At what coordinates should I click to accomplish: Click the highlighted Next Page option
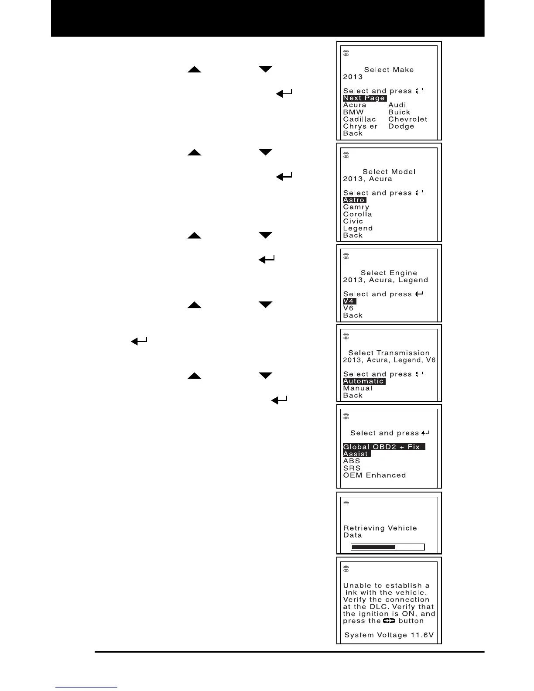point(364,98)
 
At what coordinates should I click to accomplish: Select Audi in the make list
point(397,105)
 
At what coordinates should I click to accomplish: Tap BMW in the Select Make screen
point(353,112)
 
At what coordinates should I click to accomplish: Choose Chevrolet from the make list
point(407,119)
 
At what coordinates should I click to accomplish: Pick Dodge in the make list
point(401,127)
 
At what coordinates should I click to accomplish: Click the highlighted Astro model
point(354,200)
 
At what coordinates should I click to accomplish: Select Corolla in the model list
point(357,214)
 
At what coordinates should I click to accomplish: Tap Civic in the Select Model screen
point(353,221)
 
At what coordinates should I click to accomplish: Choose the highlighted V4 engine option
point(349,301)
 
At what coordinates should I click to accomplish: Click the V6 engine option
point(348,308)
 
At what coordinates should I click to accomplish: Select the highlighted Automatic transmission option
point(364,381)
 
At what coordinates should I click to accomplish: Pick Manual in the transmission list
point(358,388)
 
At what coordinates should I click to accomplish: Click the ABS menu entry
point(352,461)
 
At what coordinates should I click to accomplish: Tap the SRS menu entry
point(352,468)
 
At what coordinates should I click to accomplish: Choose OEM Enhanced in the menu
point(374,475)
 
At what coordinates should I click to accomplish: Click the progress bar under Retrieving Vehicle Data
point(388,547)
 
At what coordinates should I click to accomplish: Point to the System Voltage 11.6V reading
point(389,635)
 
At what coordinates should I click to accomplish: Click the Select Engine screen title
point(389,273)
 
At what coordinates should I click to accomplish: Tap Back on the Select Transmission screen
point(353,396)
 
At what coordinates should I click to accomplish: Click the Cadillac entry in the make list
point(359,119)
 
